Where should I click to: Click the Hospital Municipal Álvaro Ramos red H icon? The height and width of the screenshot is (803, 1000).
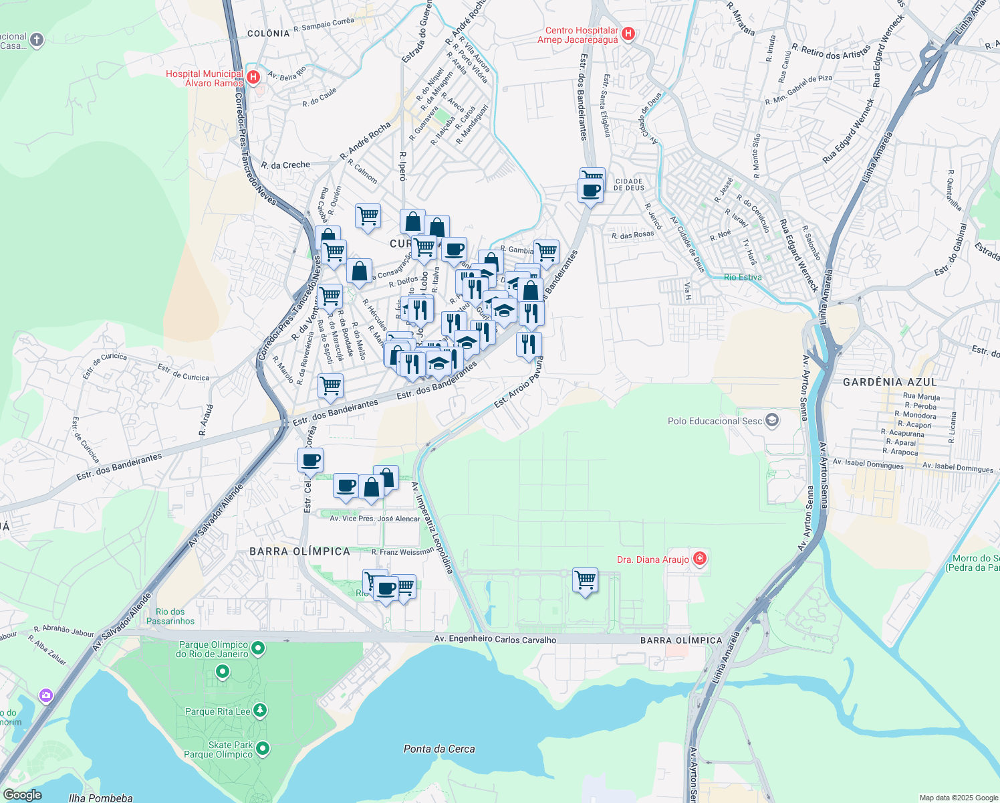[253, 78]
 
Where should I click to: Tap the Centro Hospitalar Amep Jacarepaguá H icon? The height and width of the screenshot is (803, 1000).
[628, 34]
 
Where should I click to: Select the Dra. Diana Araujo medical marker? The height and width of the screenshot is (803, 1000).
[700, 558]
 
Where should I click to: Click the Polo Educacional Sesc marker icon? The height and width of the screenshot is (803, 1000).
[773, 420]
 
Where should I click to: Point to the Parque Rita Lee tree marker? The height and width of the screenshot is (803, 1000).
[260, 711]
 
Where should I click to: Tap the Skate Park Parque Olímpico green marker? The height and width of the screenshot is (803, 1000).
[263, 748]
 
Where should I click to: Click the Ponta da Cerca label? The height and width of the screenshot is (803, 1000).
[439, 749]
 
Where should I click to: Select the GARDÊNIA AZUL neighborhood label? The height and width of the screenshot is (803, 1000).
[890, 382]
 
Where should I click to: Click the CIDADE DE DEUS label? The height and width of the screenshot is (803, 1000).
[628, 185]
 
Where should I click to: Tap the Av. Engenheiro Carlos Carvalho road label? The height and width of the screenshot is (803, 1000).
[495, 640]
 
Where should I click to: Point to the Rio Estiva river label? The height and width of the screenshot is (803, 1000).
[742, 277]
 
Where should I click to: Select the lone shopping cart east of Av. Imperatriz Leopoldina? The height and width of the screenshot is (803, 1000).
[585, 580]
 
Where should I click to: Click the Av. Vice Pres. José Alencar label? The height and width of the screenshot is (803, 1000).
[375, 519]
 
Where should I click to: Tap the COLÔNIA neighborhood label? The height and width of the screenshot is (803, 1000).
[268, 33]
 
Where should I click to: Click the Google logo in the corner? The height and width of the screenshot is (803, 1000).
[22, 795]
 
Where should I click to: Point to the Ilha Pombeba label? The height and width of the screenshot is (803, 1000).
[100, 798]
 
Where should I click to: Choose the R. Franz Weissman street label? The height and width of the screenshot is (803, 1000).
[402, 552]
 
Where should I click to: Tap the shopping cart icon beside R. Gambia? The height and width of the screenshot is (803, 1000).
[546, 252]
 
